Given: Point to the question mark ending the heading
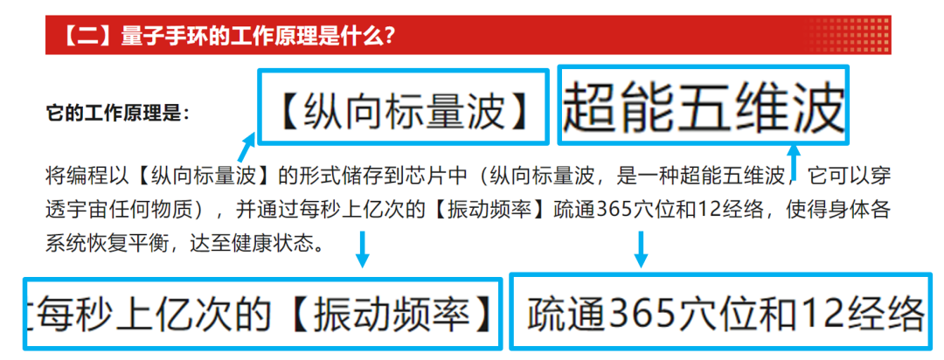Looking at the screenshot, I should tap(389, 37).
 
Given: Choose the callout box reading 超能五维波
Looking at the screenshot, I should tap(704, 107).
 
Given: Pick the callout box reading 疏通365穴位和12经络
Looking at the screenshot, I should tap(725, 313).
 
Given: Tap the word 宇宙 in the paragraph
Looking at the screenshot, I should tap(117, 209).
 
